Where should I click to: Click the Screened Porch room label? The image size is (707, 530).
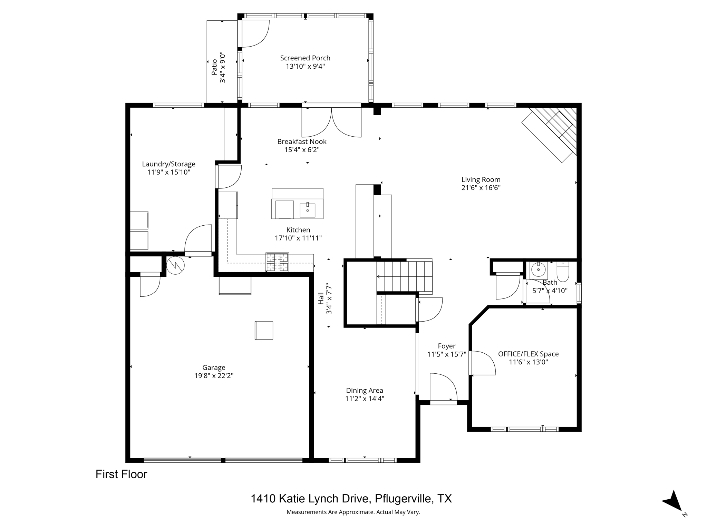[x=305, y=58]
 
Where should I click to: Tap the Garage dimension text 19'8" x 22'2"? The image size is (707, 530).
[x=214, y=376]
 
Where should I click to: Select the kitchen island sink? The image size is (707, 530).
[x=307, y=210]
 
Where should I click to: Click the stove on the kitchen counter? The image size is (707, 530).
[x=277, y=262]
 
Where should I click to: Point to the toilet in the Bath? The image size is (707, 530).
[x=563, y=272]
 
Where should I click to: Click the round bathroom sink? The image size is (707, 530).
[x=538, y=269]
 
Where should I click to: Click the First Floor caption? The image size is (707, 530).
[x=121, y=474]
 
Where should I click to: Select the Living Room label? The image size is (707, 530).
[x=481, y=179]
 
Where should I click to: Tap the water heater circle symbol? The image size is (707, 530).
[x=175, y=265]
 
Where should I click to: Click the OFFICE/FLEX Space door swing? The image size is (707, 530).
[x=483, y=363]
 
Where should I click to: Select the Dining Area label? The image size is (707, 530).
[x=365, y=391]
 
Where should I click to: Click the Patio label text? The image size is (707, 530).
[x=214, y=67]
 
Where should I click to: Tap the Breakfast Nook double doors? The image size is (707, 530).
[x=331, y=122]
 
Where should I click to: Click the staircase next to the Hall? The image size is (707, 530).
[x=404, y=276]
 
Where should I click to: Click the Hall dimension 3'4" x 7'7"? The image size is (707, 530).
[x=329, y=299]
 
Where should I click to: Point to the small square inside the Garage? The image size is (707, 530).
[x=264, y=330]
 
